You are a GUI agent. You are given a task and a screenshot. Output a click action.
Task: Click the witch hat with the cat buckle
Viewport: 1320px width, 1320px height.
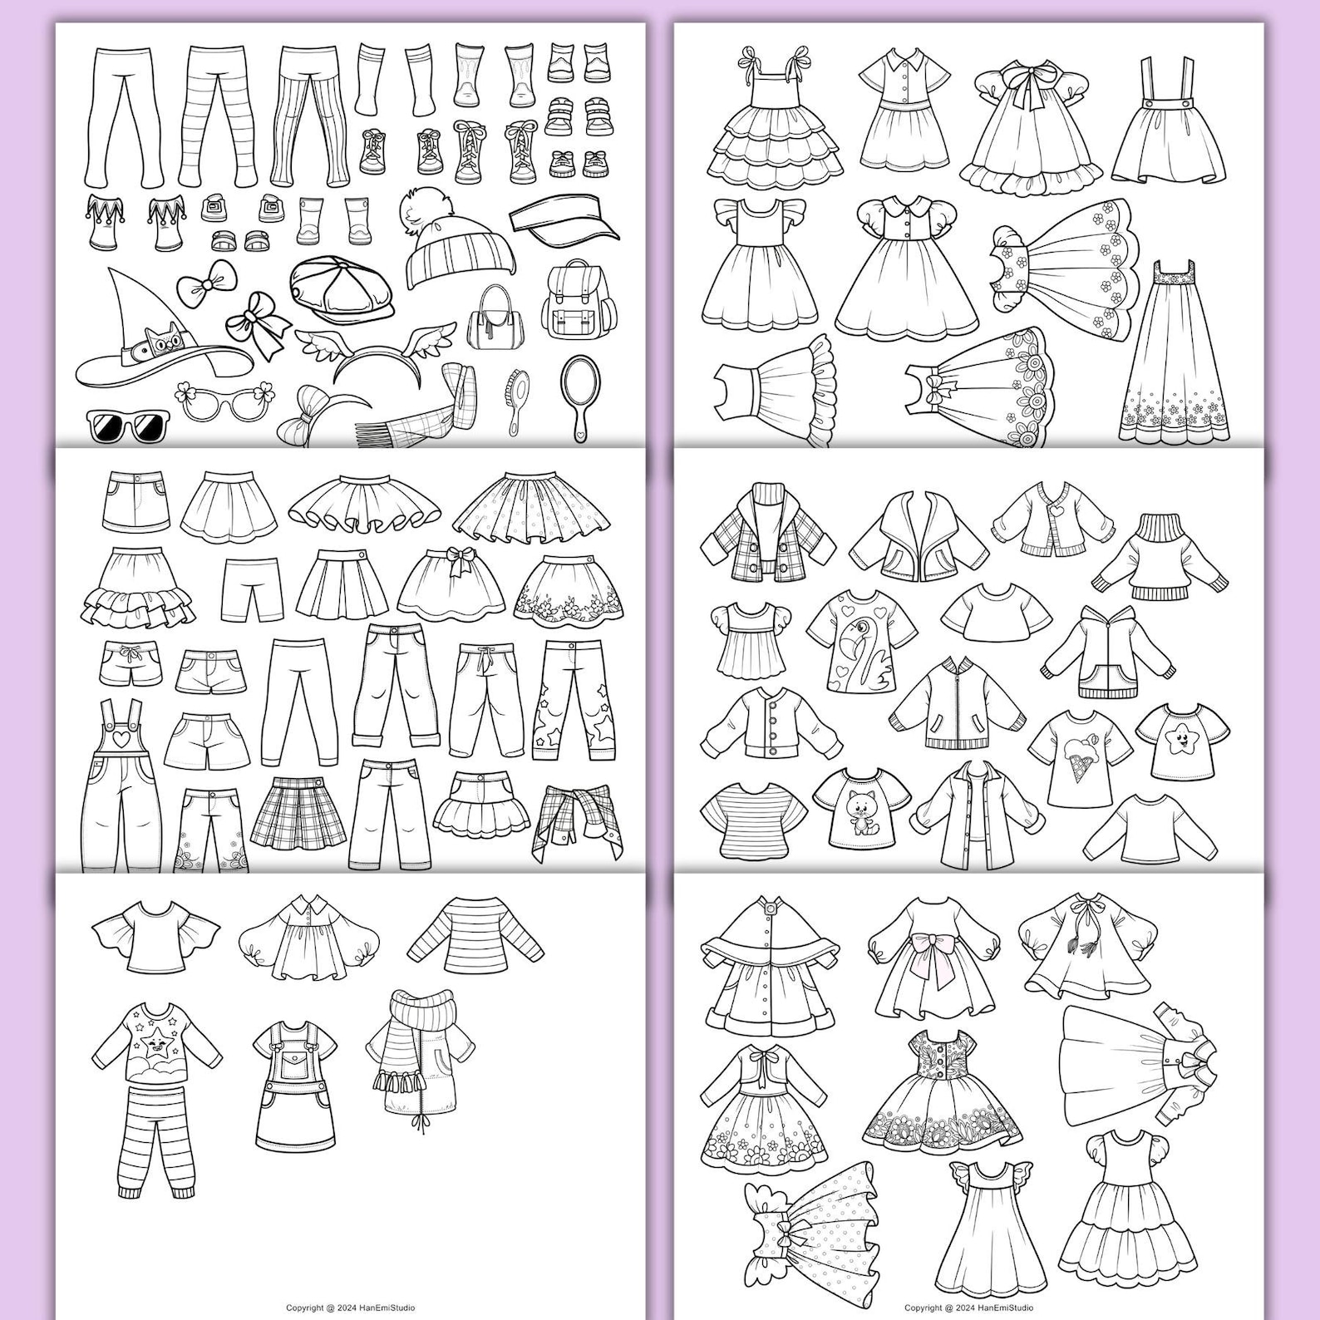pyautogui.click(x=158, y=332)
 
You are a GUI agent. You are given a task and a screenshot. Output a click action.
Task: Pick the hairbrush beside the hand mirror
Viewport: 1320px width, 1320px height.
pyautogui.click(x=516, y=398)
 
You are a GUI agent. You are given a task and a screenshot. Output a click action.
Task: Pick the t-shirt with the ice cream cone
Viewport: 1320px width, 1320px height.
pyautogui.click(x=1079, y=756)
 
